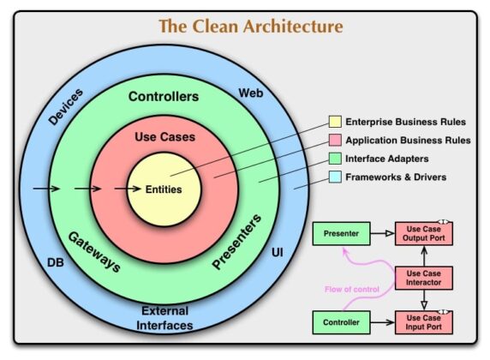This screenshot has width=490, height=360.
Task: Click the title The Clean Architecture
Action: [x=250, y=27]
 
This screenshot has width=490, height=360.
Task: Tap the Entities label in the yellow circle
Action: [x=163, y=189]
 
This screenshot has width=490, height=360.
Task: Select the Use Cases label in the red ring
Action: [x=164, y=137]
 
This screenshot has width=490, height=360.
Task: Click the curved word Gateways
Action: [x=94, y=251]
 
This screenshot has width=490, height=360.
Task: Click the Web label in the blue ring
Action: [x=249, y=92]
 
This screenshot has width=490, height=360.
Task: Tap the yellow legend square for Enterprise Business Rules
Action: [x=336, y=122]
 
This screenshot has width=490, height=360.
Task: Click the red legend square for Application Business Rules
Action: [x=336, y=140]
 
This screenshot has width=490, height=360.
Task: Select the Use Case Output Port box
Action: [x=424, y=232]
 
